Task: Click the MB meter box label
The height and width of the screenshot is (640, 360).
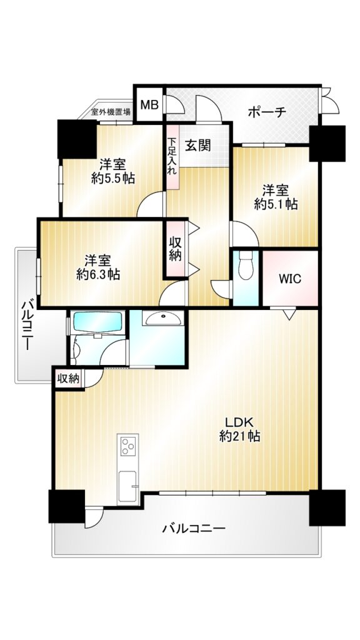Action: [x=149, y=105]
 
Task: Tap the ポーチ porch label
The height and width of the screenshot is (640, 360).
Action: [x=267, y=112]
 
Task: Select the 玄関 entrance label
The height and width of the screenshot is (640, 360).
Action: [x=198, y=145]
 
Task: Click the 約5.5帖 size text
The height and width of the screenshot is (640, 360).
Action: [x=113, y=178]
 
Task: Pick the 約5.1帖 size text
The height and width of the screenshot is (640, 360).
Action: [x=276, y=204]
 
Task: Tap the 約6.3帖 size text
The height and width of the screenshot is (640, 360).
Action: [x=98, y=274]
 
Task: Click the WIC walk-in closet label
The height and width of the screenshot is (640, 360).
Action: [x=290, y=279]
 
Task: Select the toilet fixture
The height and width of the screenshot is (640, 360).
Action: [x=246, y=265]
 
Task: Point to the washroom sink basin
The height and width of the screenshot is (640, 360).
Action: [x=163, y=317]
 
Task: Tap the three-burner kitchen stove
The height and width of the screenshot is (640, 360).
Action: [x=127, y=446]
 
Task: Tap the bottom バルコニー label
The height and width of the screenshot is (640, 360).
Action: [x=194, y=529]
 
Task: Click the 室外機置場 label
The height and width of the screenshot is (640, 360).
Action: [x=111, y=111]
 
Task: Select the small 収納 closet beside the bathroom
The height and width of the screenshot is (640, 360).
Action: [x=69, y=378]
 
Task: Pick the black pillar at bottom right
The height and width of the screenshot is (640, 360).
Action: [x=327, y=507]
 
